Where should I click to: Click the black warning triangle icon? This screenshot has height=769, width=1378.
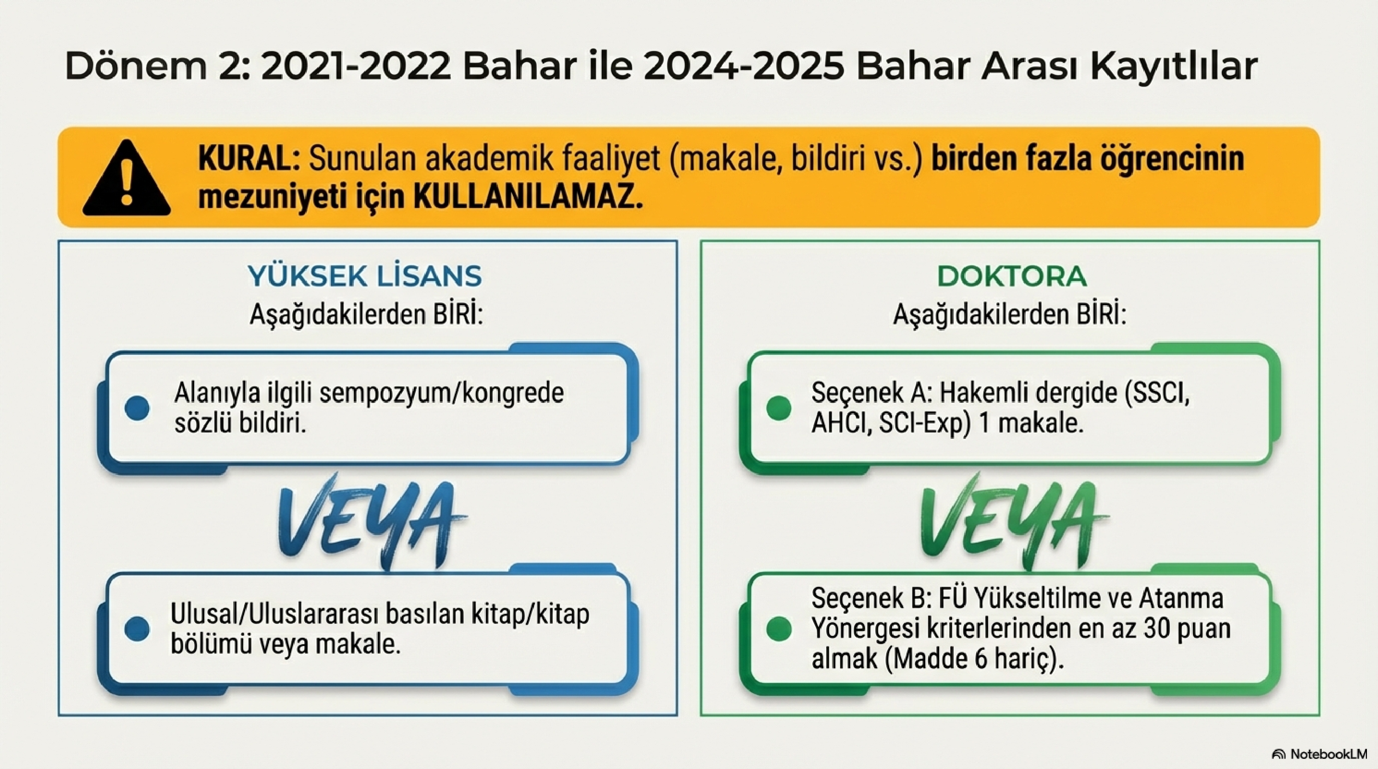(x=127, y=179)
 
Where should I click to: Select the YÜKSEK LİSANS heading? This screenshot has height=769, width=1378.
(x=364, y=276)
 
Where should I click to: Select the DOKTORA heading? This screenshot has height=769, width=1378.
(x=1012, y=276)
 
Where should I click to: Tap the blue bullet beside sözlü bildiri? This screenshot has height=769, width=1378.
(x=137, y=408)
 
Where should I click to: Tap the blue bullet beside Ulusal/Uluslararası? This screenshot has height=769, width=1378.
(x=137, y=628)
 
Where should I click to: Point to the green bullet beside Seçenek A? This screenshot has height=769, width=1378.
(x=778, y=408)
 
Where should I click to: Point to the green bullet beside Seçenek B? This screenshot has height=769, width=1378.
(x=778, y=628)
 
